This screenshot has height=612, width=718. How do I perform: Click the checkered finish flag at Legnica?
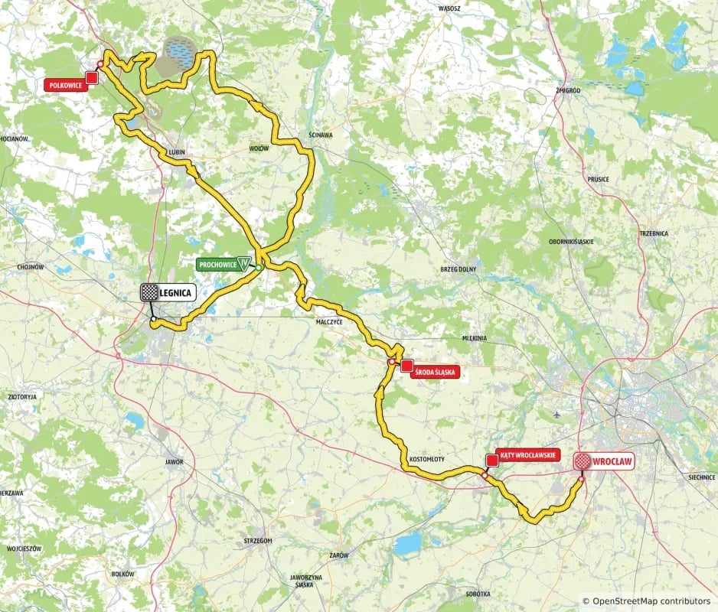pos(149,292)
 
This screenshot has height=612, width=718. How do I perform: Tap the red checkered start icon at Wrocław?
pos(583,461)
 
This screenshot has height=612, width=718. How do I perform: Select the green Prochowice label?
pos(218,265)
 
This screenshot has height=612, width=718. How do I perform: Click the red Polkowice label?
pos(64,86)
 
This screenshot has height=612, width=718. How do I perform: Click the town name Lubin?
pos(177,153)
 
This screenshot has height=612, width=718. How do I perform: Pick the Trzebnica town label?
pos(654,233)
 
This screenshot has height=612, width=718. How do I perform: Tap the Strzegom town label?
pos(256,540)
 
